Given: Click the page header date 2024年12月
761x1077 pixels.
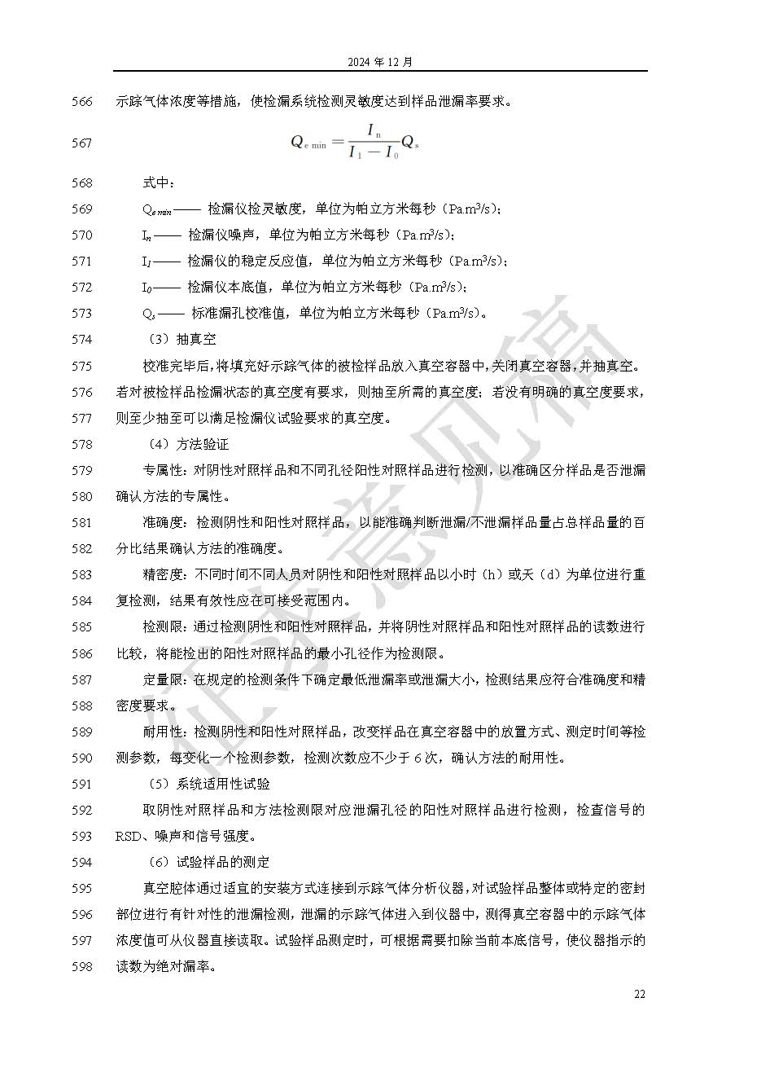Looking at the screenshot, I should pos(380,62).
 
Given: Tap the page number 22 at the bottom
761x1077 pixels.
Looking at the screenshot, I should pos(640,994).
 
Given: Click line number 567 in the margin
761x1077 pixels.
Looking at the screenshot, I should pos(81,143).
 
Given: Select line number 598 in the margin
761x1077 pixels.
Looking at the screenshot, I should pos(81,966).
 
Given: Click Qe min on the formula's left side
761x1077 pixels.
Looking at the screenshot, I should pos(308,143).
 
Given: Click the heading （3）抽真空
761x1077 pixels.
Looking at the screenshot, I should pos(181,339).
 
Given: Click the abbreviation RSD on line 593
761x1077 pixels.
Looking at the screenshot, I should pos(129,836).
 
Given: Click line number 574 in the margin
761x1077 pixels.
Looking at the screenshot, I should pos(81,339).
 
